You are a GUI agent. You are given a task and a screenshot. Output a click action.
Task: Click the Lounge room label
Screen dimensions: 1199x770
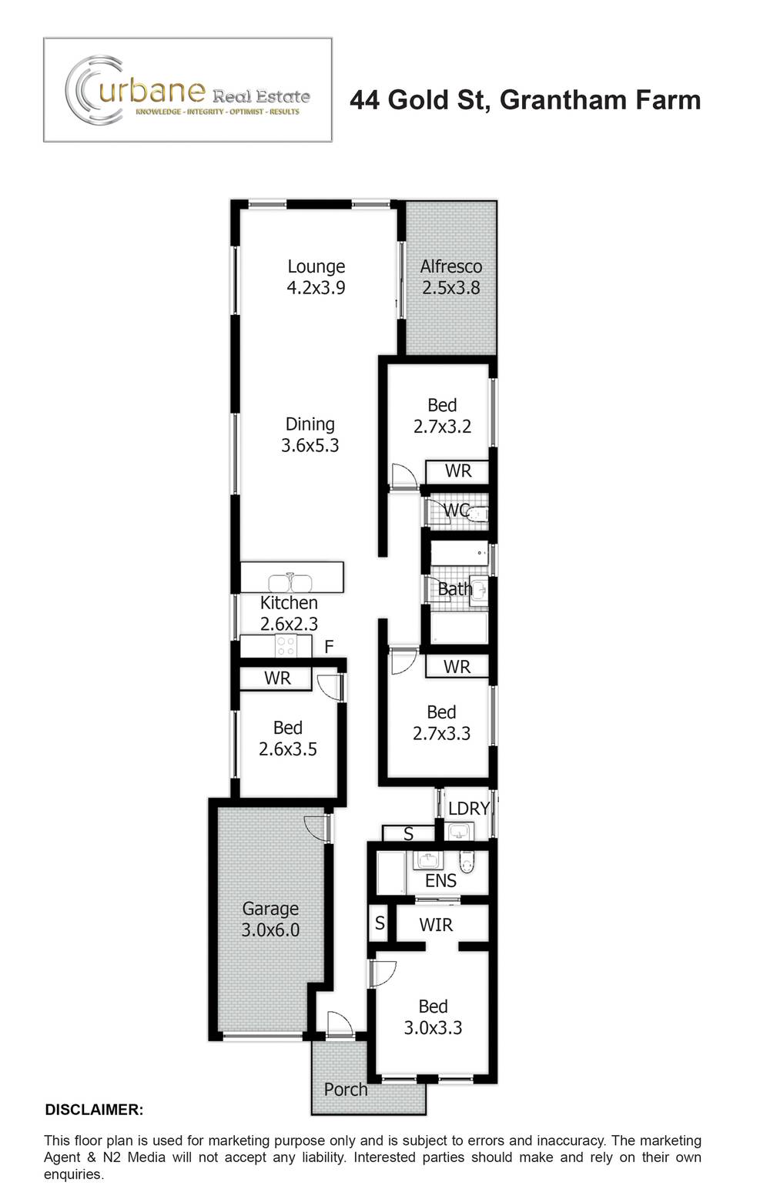(316, 266)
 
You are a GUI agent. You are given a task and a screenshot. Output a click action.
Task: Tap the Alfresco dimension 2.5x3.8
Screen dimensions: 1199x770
(450, 288)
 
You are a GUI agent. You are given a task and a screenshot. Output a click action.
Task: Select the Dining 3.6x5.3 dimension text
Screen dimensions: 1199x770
(310, 445)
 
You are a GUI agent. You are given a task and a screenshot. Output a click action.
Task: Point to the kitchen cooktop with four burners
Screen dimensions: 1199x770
(286, 646)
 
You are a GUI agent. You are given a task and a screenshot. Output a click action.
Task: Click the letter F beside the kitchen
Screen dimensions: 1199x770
(329, 647)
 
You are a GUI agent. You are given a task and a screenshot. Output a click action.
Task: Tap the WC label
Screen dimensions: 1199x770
(456, 511)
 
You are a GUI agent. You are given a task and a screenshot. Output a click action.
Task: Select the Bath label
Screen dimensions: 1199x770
(454, 589)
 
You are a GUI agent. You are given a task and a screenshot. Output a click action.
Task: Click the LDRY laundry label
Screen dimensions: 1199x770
(468, 809)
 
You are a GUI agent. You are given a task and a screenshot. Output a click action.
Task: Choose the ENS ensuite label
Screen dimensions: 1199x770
(440, 881)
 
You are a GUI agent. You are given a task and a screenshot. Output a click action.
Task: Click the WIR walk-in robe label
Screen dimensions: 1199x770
(436, 925)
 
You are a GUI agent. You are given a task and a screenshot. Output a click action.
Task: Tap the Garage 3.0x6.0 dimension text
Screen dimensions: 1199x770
(270, 930)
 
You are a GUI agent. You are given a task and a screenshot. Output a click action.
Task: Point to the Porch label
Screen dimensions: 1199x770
(346, 1090)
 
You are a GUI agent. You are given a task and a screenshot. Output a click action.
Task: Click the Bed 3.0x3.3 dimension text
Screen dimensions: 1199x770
(433, 1028)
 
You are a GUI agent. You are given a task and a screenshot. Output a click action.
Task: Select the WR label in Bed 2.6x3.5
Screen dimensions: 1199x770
(277, 678)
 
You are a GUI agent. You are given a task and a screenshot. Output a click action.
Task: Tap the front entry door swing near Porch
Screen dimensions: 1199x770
(337, 1024)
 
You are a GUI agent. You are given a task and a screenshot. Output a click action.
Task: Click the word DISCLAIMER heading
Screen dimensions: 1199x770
(94, 1110)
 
